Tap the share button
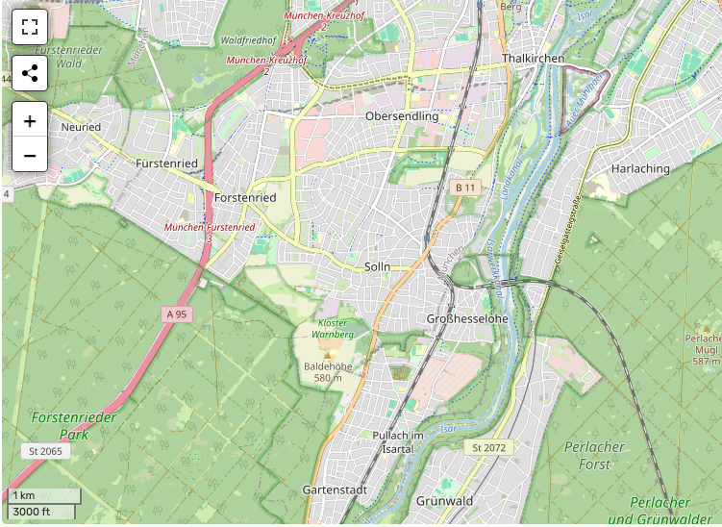click(30, 73)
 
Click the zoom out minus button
click(30, 155)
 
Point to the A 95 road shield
click(176, 314)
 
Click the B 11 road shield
click(465, 187)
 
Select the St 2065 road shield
click(45, 451)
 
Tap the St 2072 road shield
click(488, 448)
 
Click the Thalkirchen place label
click(533, 59)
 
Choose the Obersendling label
click(402, 116)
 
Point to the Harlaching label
click(640, 168)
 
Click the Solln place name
click(378, 266)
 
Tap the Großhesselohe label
click(466, 318)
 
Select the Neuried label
click(80, 126)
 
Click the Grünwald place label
click(445, 501)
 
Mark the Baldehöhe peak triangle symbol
click(327, 355)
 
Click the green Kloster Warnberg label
click(334, 328)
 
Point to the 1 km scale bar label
click(24, 495)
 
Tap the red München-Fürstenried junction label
click(210, 227)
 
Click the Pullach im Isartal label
click(398, 442)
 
